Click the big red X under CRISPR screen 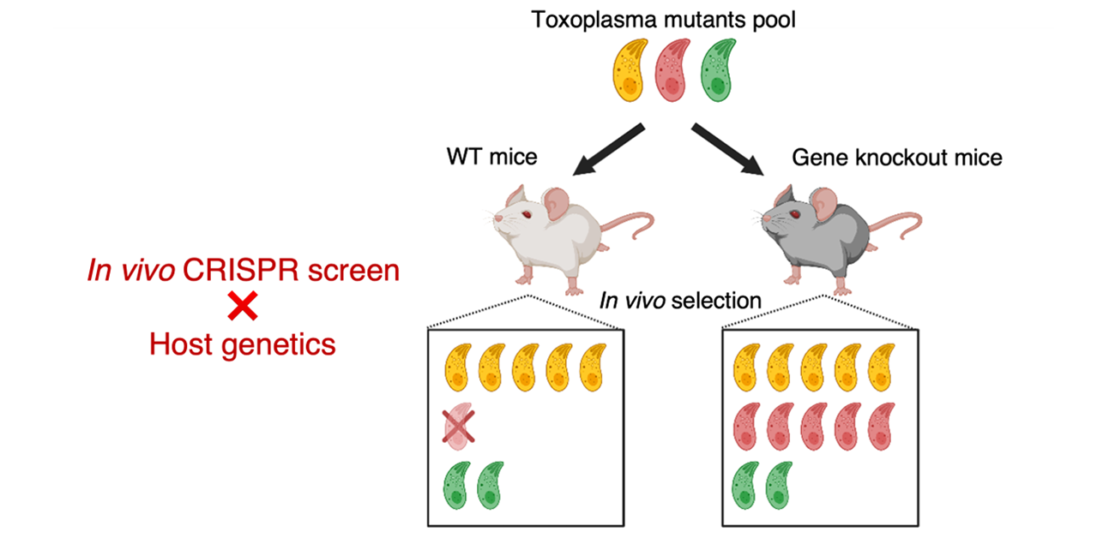point(242,307)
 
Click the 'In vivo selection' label point(679,301)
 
